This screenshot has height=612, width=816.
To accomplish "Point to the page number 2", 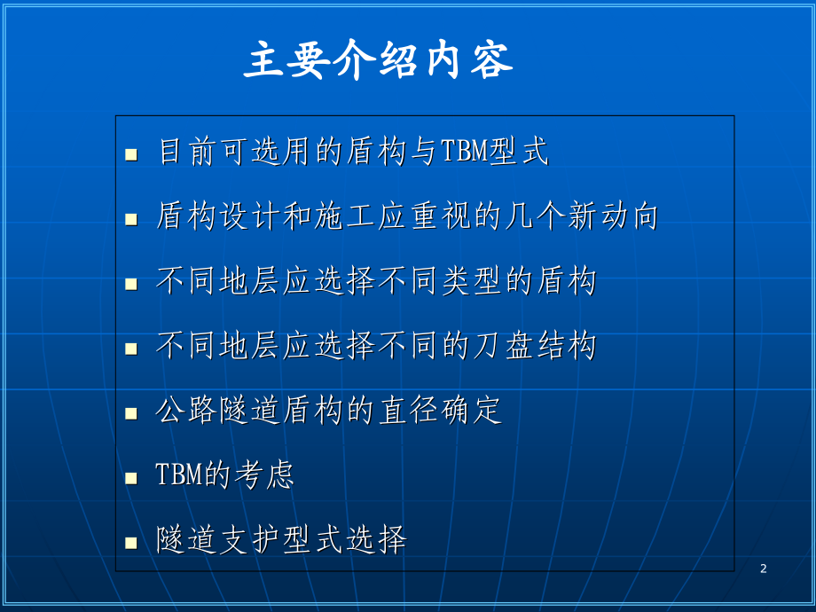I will point(763,569).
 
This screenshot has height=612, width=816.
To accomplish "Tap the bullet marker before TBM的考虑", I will point(131,478).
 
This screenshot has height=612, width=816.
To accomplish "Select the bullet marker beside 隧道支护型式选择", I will point(131,542).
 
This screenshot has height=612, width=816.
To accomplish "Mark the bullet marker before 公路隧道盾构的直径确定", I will point(131,413).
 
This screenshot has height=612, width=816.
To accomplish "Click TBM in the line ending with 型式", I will point(463,153).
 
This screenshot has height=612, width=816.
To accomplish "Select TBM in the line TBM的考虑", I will point(179,475).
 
